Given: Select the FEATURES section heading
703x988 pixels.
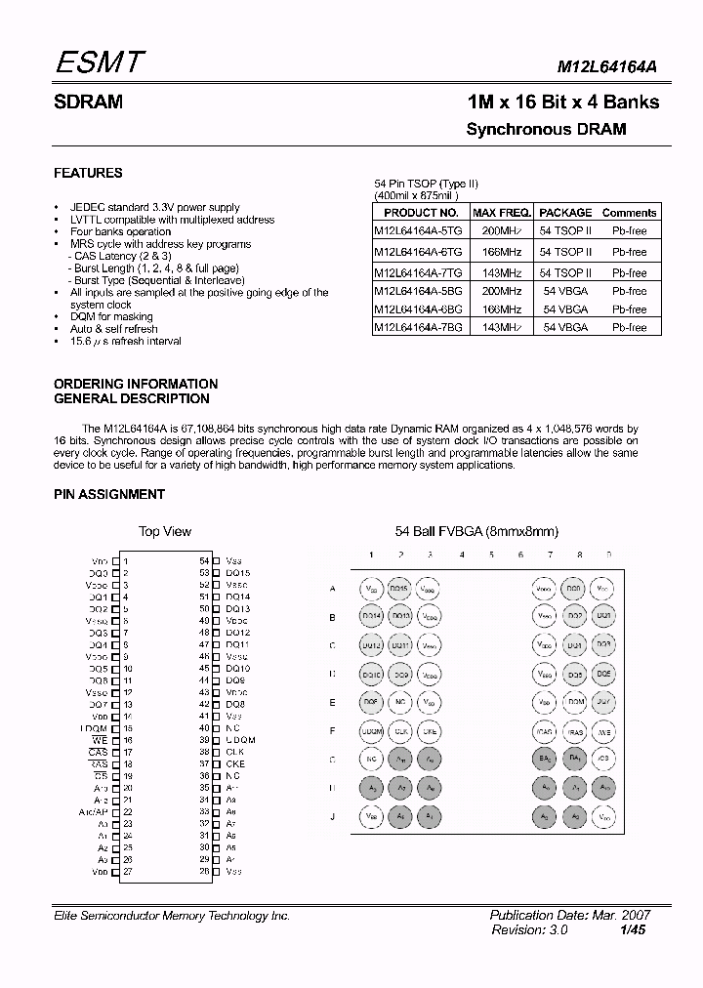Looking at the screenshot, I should [x=88, y=173].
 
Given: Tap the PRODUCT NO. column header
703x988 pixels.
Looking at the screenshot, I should [x=421, y=213].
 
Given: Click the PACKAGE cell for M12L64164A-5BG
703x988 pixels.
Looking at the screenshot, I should [x=565, y=291].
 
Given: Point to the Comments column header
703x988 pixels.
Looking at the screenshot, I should [x=629, y=213].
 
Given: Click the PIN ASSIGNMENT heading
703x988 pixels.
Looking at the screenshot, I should [x=109, y=494].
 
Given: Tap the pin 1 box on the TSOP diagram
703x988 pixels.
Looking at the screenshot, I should [x=116, y=561].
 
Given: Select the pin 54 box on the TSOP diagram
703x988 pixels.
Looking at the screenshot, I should [x=216, y=561].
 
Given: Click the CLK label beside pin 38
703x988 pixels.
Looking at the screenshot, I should [x=235, y=752].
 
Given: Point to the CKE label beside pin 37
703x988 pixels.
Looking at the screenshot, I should [x=235, y=764].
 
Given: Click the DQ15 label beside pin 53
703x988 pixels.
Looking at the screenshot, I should [x=237, y=573].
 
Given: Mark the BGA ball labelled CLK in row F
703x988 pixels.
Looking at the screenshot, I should [x=399, y=730].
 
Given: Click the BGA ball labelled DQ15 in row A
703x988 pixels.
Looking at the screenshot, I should [x=399, y=589].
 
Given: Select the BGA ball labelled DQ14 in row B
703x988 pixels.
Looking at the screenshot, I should [x=371, y=617].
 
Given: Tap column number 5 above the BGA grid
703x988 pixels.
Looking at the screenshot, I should [x=491, y=555].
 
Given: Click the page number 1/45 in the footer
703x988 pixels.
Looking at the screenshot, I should [x=632, y=931].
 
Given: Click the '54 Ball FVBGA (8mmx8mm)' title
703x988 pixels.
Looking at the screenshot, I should [x=476, y=531].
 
